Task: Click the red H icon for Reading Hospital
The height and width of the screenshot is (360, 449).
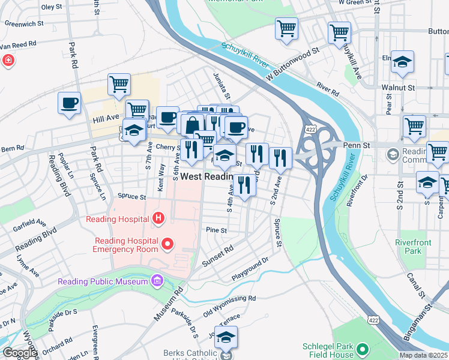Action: [158, 217]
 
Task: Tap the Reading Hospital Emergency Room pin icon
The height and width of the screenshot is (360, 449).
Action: [167, 244]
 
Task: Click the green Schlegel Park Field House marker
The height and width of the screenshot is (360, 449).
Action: [362, 349]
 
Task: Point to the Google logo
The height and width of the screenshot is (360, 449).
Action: [19, 353]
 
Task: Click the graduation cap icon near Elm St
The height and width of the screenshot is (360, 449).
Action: [402, 62]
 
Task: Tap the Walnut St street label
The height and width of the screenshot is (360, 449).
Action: [398, 88]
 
